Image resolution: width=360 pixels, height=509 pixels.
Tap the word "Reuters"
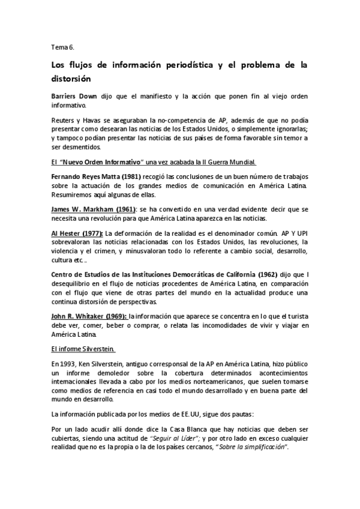[63, 120]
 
